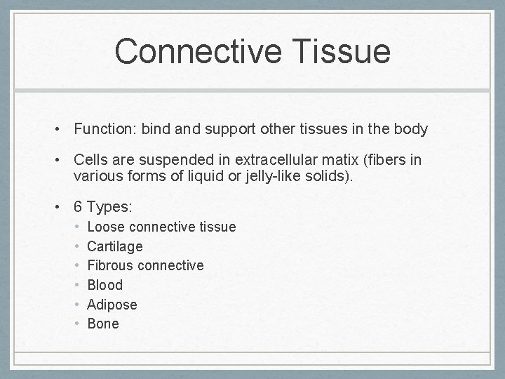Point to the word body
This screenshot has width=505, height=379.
click(x=410, y=130)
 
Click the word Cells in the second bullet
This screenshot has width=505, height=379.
click(x=90, y=161)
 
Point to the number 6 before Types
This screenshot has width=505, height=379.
click(x=79, y=208)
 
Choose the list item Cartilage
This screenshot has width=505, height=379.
click(x=115, y=246)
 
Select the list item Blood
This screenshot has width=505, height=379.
click(x=105, y=285)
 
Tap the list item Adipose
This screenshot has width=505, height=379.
click(x=112, y=305)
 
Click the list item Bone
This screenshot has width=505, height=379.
click(x=103, y=324)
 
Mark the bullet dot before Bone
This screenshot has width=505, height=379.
click(x=78, y=324)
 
